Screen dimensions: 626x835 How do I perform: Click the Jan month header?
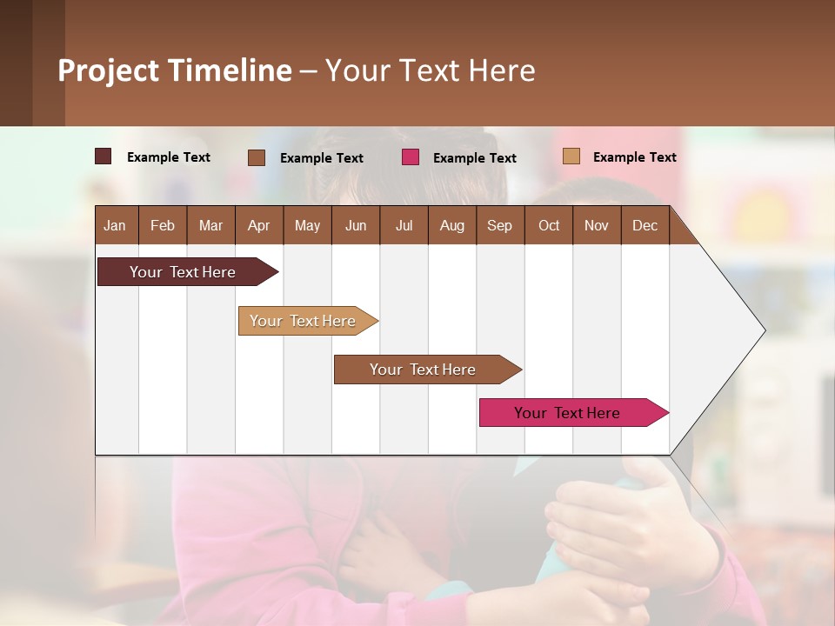(115, 225)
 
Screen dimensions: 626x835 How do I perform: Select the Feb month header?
(163, 225)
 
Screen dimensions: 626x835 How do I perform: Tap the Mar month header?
(210, 225)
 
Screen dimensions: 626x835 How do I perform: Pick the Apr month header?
(258, 225)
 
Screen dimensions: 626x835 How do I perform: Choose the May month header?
(307, 225)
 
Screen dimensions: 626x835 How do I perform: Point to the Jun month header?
(356, 225)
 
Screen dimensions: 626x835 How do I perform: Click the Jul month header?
(404, 225)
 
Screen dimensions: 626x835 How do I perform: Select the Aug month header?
(451, 225)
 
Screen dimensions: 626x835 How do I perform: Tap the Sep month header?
(499, 225)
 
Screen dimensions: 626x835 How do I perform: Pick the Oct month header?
(549, 225)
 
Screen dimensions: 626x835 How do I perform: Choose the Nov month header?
(597, 225)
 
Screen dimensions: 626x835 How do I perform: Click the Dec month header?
(645, 225)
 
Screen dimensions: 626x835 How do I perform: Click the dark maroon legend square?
(103, 156)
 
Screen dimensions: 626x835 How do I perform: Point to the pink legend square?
(411, 156)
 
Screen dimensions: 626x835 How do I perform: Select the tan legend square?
(571, 156)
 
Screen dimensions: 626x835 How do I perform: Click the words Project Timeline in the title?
(175, 70)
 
